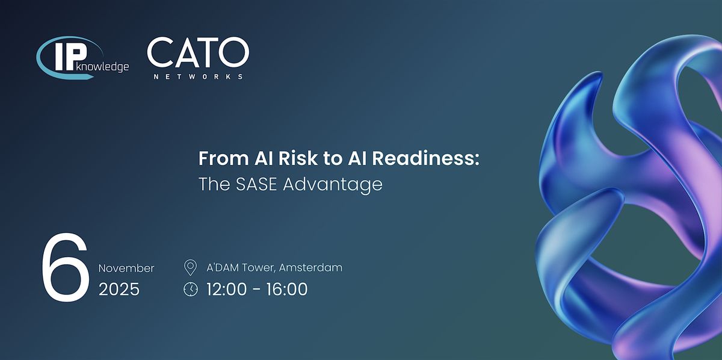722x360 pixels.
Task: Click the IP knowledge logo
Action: pyautogui.click(x=82, y=57)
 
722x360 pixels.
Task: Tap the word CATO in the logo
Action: pyautogui.click(x=198, y=52)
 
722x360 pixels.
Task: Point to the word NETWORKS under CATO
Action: pyautogui.click(x=198, y=77)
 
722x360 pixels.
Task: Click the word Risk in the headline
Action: pyautogui.click(x=298, y=158)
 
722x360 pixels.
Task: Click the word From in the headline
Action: pyautogui.click(x=224, y=158)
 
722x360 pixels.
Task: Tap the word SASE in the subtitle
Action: pyautogui.click(x=256, y=184)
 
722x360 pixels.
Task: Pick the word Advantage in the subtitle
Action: pyautogui.click(x=333, y=185)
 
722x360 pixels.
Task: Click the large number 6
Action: pyautogui.click(x=66, y=267)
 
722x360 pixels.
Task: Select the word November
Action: pyautogui.click(x=126, y=268)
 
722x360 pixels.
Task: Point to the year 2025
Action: pyautogui.click(x=119, y=289)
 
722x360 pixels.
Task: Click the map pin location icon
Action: pyautogui.click(x=190, y=268)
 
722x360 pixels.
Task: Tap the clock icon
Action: pyautogui.click(x=191, y=289)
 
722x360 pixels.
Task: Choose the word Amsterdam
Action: pyautogui.click(x=310, y=267)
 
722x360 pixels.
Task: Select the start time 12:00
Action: pyautogui.click(x=226, y=289)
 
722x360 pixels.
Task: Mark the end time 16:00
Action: pyautogui.click(x=287, y=289)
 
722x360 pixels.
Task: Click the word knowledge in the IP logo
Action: pyautogui.click(x=103, y=67)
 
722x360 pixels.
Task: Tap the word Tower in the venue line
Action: pyautogui.click(x=259, y=268)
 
